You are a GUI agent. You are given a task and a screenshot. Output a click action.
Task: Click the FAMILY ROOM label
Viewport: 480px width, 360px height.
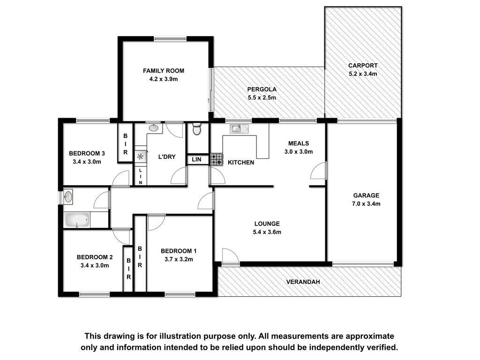164,71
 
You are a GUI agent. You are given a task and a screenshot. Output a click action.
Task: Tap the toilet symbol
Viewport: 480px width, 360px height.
196,129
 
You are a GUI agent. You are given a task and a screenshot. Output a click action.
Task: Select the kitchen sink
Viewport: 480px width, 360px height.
239,128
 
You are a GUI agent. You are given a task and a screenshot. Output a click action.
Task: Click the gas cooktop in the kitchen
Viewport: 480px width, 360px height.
217,159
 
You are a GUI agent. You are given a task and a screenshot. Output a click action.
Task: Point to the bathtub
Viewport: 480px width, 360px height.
77,220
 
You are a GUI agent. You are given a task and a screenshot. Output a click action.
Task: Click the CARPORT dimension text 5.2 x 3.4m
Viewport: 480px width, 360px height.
363,74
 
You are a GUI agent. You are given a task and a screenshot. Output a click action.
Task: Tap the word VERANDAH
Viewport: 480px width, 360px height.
303,282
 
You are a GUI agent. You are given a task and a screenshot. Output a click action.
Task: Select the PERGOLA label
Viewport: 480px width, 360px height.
262,90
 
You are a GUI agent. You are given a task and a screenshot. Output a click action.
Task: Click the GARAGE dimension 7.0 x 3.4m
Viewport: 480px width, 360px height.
366,204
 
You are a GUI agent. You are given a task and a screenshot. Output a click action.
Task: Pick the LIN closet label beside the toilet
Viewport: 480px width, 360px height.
196,159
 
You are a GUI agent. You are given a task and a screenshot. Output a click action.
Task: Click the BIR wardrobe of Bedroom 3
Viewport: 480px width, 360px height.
126,144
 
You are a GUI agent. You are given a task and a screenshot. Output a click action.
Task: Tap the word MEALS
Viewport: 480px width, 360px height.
299,143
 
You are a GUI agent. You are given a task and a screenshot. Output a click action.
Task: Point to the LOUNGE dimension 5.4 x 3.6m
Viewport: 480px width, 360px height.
267,232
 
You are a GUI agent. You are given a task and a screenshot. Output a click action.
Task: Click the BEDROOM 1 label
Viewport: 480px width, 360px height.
179,251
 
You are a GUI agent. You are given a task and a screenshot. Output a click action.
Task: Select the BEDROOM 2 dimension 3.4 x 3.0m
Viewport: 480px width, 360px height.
95,265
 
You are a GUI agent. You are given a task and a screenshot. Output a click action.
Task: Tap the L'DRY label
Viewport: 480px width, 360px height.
167,157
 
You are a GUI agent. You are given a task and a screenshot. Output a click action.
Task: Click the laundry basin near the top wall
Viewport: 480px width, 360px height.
153,127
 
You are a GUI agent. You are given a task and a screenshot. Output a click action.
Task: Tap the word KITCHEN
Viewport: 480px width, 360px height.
241,163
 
